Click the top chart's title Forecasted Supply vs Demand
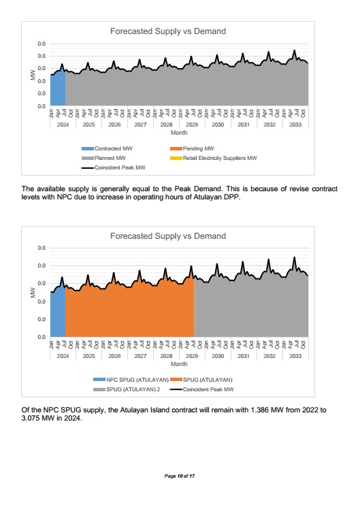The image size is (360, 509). click(168, 31)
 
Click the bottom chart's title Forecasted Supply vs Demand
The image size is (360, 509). click(168, 236)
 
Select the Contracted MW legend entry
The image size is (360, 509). click(107, 148)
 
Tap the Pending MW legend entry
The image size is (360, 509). click(192, 148)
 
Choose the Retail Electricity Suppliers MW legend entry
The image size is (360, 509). click(214, 158)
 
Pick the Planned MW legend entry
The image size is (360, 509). click(104, 158)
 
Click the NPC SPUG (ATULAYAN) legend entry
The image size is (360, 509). click(131, 380)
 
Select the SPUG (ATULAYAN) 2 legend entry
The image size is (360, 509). click(127, 389)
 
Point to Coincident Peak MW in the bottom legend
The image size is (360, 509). click(202, 389)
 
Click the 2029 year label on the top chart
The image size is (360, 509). click(192, 125)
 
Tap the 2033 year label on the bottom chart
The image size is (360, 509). click(295, 356)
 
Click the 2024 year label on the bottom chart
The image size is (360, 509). click(63, 356)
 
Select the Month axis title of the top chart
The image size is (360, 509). click(179, 133)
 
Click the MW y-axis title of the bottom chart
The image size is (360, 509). click(33, 293)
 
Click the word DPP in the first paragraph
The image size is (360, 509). click(233, 197)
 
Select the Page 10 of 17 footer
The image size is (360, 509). click(180, 476)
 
